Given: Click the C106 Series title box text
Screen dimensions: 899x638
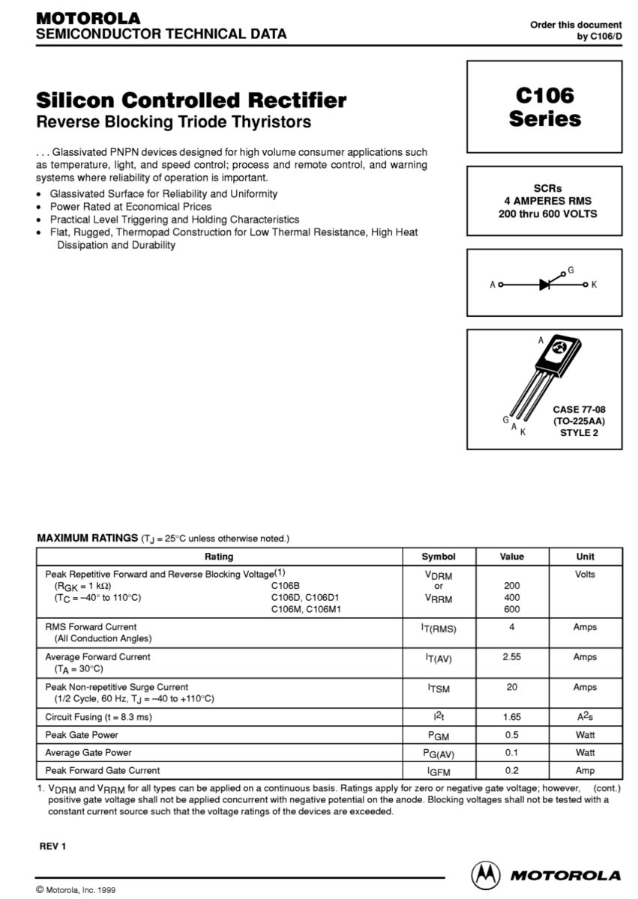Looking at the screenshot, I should (544, 107).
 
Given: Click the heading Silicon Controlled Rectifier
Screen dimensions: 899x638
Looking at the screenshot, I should (191, 100).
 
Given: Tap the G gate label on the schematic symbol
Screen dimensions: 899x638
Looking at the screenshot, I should (571, 269).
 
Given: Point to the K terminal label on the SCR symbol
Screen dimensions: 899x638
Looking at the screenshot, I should (594, 285).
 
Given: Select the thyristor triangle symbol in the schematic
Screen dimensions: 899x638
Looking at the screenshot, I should (546, 285).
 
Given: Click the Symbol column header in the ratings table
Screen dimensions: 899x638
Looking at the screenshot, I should (439, 557).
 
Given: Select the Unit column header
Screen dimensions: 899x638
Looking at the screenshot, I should (585, 557).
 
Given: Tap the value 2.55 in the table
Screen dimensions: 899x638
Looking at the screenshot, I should (512, 657).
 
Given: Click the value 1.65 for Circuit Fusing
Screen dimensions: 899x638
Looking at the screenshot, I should (512, 717).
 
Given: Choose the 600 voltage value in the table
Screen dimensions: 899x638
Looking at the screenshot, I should (512, 610).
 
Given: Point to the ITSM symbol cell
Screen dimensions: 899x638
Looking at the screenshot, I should (439, 688).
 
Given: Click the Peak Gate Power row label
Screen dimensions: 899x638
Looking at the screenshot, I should (82, 735).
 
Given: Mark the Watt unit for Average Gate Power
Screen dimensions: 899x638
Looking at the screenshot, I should (585, 752).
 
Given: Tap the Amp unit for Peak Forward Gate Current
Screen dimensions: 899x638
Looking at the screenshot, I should (585, 770).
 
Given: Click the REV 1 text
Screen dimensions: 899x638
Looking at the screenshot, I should (53, 847).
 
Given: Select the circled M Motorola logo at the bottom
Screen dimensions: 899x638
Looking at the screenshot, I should (485, 875).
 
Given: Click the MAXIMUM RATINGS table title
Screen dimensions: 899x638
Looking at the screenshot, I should (85, 538).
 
